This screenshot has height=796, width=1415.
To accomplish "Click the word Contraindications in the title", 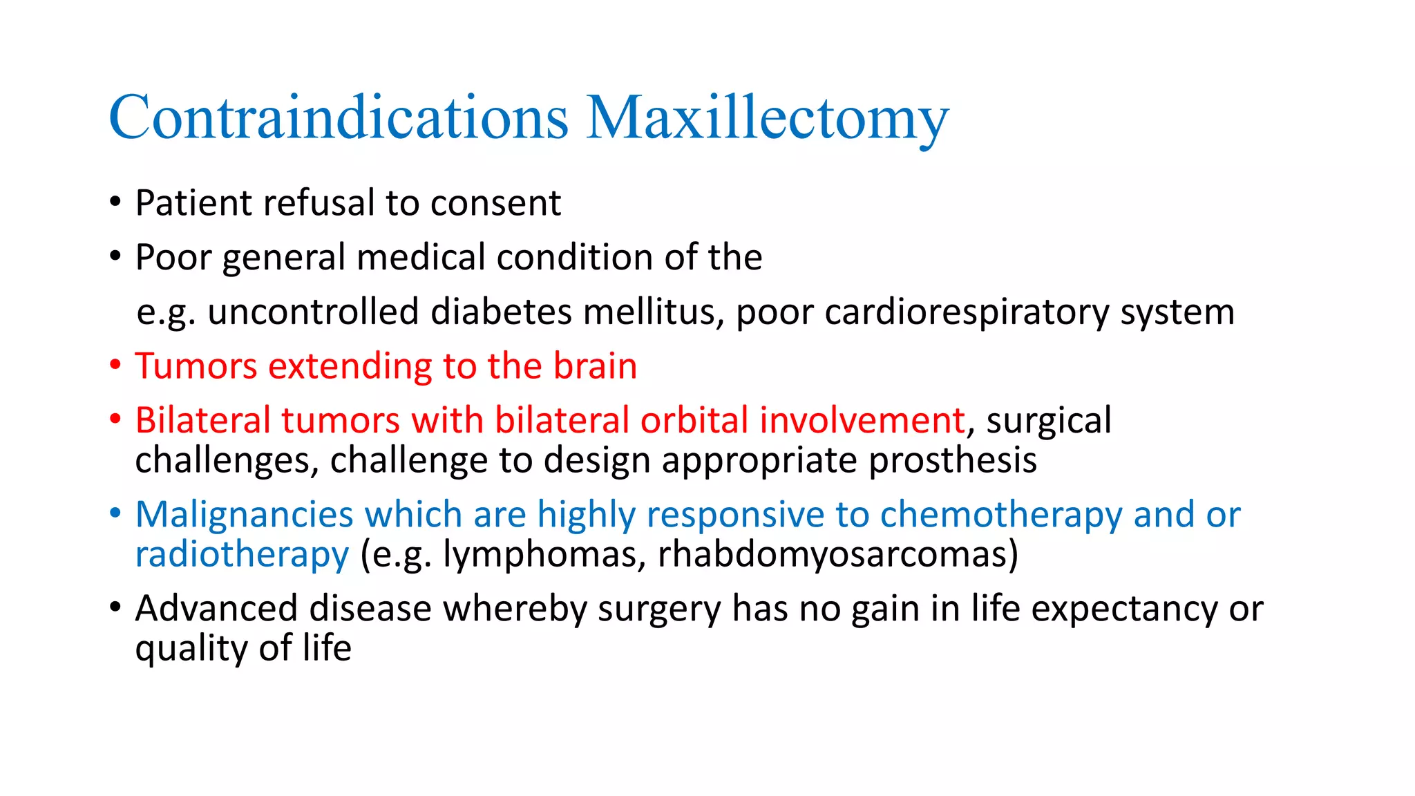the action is point(339,117).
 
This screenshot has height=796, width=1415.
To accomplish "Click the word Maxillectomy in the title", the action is point(768,119).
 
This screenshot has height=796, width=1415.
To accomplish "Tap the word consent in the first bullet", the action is point(495,204).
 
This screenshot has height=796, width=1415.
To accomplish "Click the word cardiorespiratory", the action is point(967,312).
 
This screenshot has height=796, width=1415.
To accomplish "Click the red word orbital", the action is point(694,420).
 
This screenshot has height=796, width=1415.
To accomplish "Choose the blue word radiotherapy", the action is point(242,555).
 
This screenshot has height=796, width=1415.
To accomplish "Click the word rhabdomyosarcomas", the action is point(833,555).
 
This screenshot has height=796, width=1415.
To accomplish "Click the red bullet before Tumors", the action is point(115,365).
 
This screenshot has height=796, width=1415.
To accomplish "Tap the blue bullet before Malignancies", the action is point(115,513).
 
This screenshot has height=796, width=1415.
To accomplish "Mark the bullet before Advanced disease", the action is point(115,607).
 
